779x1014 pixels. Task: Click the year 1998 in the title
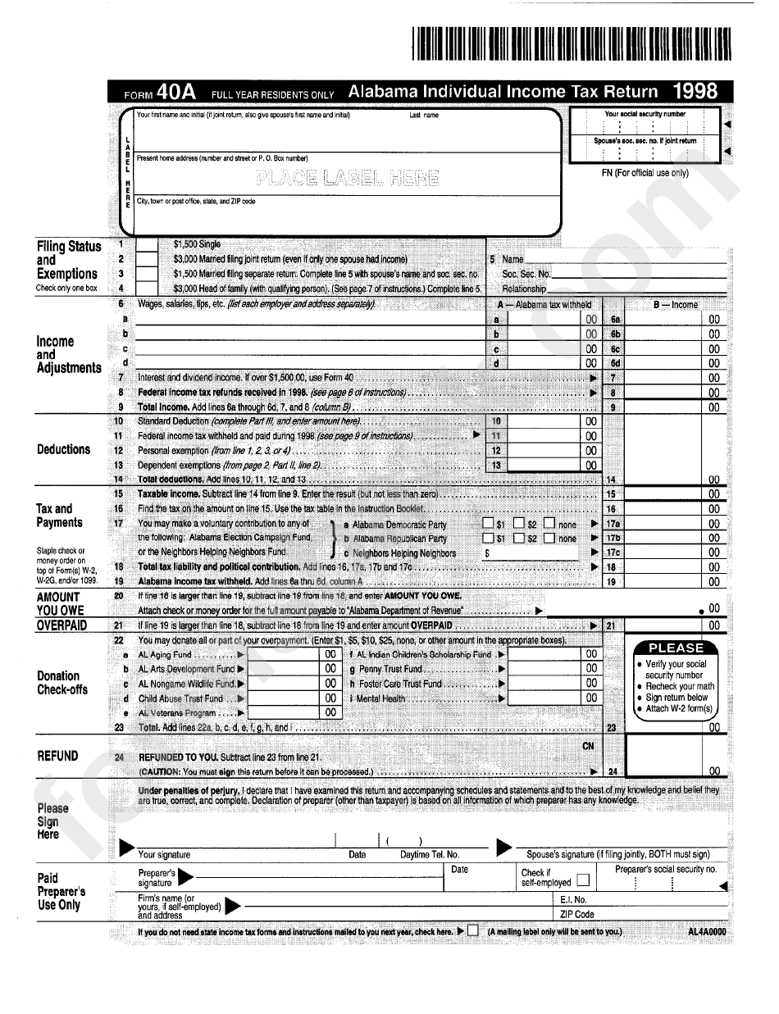(x=695, y=91)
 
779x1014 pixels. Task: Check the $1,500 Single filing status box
(x=146, y=244)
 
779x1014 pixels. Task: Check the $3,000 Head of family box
(x=146, y=288)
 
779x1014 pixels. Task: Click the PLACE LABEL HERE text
(x=348, y=178)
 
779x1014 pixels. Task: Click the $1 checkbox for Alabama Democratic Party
(x=488, y=524)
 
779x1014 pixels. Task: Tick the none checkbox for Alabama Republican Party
(x=549, y=539)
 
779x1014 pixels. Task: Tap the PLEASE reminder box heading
(x=676, y=648)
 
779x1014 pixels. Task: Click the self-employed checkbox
(x=583, y=881)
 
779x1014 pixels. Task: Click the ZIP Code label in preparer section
(x=577, y=914)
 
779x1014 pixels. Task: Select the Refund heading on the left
(x=58, y=756)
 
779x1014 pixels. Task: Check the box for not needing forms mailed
(x=473, y=931)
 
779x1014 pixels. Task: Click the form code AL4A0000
(x=706, y=932)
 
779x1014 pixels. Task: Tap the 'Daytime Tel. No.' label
(x=430, y=854)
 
